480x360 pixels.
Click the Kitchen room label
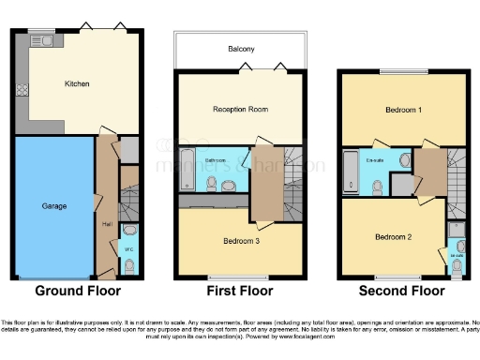[77, 83]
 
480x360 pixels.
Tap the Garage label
[52, 204]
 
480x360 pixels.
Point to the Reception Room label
[241, 109]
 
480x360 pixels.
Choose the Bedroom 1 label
[403, 110]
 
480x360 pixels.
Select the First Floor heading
[241, 292]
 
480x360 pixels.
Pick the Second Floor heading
[403, 292]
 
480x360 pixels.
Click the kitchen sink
[41, 40]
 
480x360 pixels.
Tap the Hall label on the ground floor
[107, 224]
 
